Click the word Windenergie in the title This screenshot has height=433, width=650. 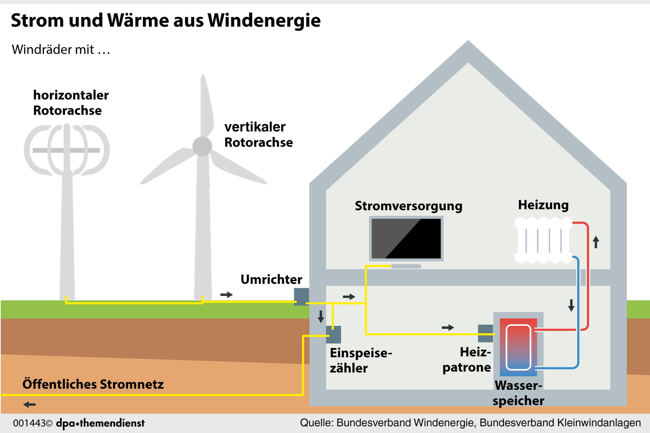[x=264, y=21]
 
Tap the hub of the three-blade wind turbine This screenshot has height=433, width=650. [x=202, y=146]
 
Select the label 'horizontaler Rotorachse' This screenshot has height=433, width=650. [x=71, y=103]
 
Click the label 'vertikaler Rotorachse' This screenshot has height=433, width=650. [x=258, y=134]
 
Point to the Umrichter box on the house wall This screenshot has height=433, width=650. [x=301, y=296]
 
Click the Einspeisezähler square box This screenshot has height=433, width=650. [x=333, y=334]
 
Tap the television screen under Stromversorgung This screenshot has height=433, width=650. [x=406, y=239]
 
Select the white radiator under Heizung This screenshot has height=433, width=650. [x=543, y=240]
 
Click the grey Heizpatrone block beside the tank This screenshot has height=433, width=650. [x=485, y=333]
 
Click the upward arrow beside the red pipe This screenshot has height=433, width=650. [x=596, y=242]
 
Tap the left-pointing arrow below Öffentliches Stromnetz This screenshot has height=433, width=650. [x=29, y=405]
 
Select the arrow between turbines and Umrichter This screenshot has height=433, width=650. [x=226, y=294]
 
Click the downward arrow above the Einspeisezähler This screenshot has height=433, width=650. [x=321, y=316]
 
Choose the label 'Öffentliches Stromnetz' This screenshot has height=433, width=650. [x=93, y=384]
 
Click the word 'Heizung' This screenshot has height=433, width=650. [x=543, y=205]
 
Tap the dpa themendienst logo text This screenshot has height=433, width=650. [x=100, y=423]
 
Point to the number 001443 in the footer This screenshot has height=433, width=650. [x=29, y=423]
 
